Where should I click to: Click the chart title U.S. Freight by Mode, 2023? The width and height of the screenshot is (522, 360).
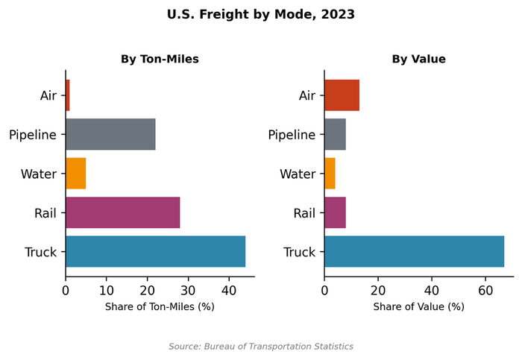coord(260,14)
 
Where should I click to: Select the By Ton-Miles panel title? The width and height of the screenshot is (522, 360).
coord(160,59)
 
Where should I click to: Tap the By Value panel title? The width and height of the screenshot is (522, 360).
coord(418,59)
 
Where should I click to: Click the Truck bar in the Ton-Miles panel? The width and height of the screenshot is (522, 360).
coord(155,251)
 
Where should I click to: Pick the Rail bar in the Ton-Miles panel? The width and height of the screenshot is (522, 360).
coord(122,212)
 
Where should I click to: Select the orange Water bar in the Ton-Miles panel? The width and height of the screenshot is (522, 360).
coord(75,173)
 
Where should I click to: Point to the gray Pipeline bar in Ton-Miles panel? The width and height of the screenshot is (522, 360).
coord(110,134)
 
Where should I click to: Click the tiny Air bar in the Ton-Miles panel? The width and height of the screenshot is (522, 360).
coord(68,95)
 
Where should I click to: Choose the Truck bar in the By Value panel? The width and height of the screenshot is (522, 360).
coord(414,251)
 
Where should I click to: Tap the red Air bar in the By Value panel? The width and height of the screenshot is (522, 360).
coord(342,95)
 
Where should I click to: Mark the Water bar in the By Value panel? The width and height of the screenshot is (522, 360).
coord(330,173)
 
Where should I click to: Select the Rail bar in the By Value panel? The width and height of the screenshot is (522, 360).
coord(335,212)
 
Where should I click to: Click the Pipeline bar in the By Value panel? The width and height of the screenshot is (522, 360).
coord(335,134)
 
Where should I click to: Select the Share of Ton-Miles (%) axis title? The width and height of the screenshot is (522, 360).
coord(160,306)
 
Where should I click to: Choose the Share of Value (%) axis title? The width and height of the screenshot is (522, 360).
coord(418,306)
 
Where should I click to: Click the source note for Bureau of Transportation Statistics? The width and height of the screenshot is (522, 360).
coord(260,347)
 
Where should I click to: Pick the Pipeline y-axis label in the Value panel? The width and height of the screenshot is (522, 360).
coord(292,135)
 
